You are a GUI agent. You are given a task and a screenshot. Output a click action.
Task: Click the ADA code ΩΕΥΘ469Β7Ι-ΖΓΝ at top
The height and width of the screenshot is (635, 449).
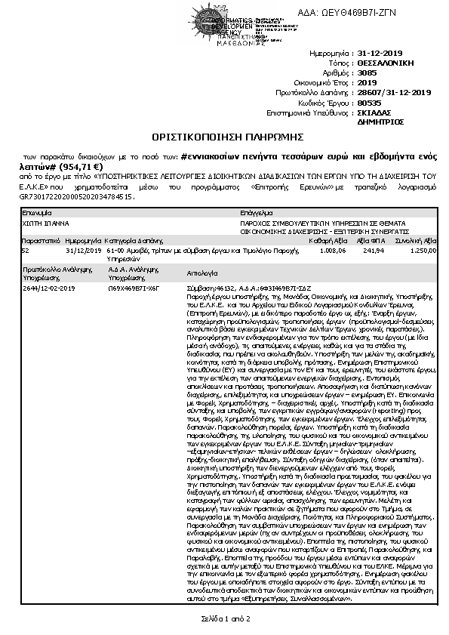point(393,12)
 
